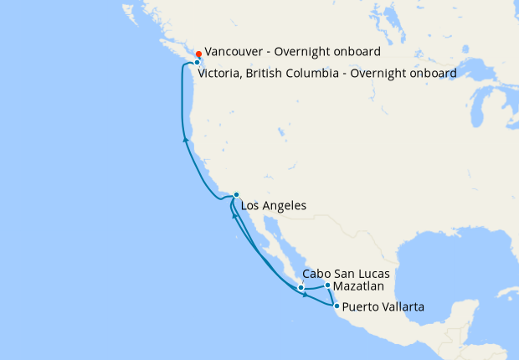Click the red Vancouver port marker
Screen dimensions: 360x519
point(198,54)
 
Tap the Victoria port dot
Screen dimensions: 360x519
point(197,63)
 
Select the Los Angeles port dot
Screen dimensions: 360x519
point(236,195)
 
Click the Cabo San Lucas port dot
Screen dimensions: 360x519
point(301,288)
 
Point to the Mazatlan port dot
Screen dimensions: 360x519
point(327,285)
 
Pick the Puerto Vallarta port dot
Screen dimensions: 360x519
point(337,306)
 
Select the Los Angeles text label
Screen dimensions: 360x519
point(273,205)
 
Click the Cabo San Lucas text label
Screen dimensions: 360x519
point(347,274)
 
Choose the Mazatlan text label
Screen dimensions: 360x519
point(360,285)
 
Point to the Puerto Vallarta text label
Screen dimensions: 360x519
point(383,307)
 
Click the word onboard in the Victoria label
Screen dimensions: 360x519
point(431,73)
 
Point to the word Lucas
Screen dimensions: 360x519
point(373,274)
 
